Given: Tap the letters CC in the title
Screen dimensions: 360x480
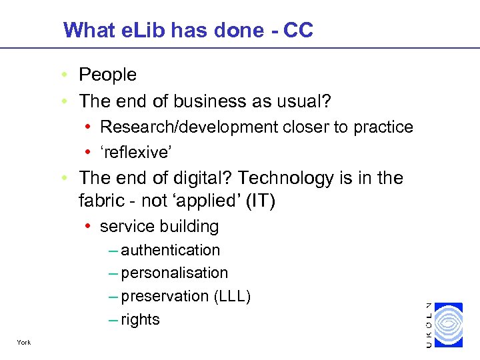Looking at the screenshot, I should pyautogui.click(x=297, y=30).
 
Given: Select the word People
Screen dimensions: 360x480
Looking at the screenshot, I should pyautogui.click(x=107, y=75).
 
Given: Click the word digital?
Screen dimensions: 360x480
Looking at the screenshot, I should pyautogui.click(x=201, y=178).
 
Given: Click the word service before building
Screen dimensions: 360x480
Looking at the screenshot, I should pyautogui.click(x=125, y=227).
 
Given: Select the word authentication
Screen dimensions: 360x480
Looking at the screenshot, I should pyautogui.click(x=170, y=250).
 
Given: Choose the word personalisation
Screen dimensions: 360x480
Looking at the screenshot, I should pyautogui.click(x=174, y=273).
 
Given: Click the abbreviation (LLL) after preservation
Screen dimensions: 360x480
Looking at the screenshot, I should pyautogui.click(x=232, y=296).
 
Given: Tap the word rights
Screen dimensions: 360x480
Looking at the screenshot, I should pyautogui.click(x=140, y=319).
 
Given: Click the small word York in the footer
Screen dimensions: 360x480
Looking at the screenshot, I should pyautogui.click(x=24, y=343).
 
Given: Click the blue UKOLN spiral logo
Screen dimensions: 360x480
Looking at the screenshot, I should pyautogui.click(x=447, y=325).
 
